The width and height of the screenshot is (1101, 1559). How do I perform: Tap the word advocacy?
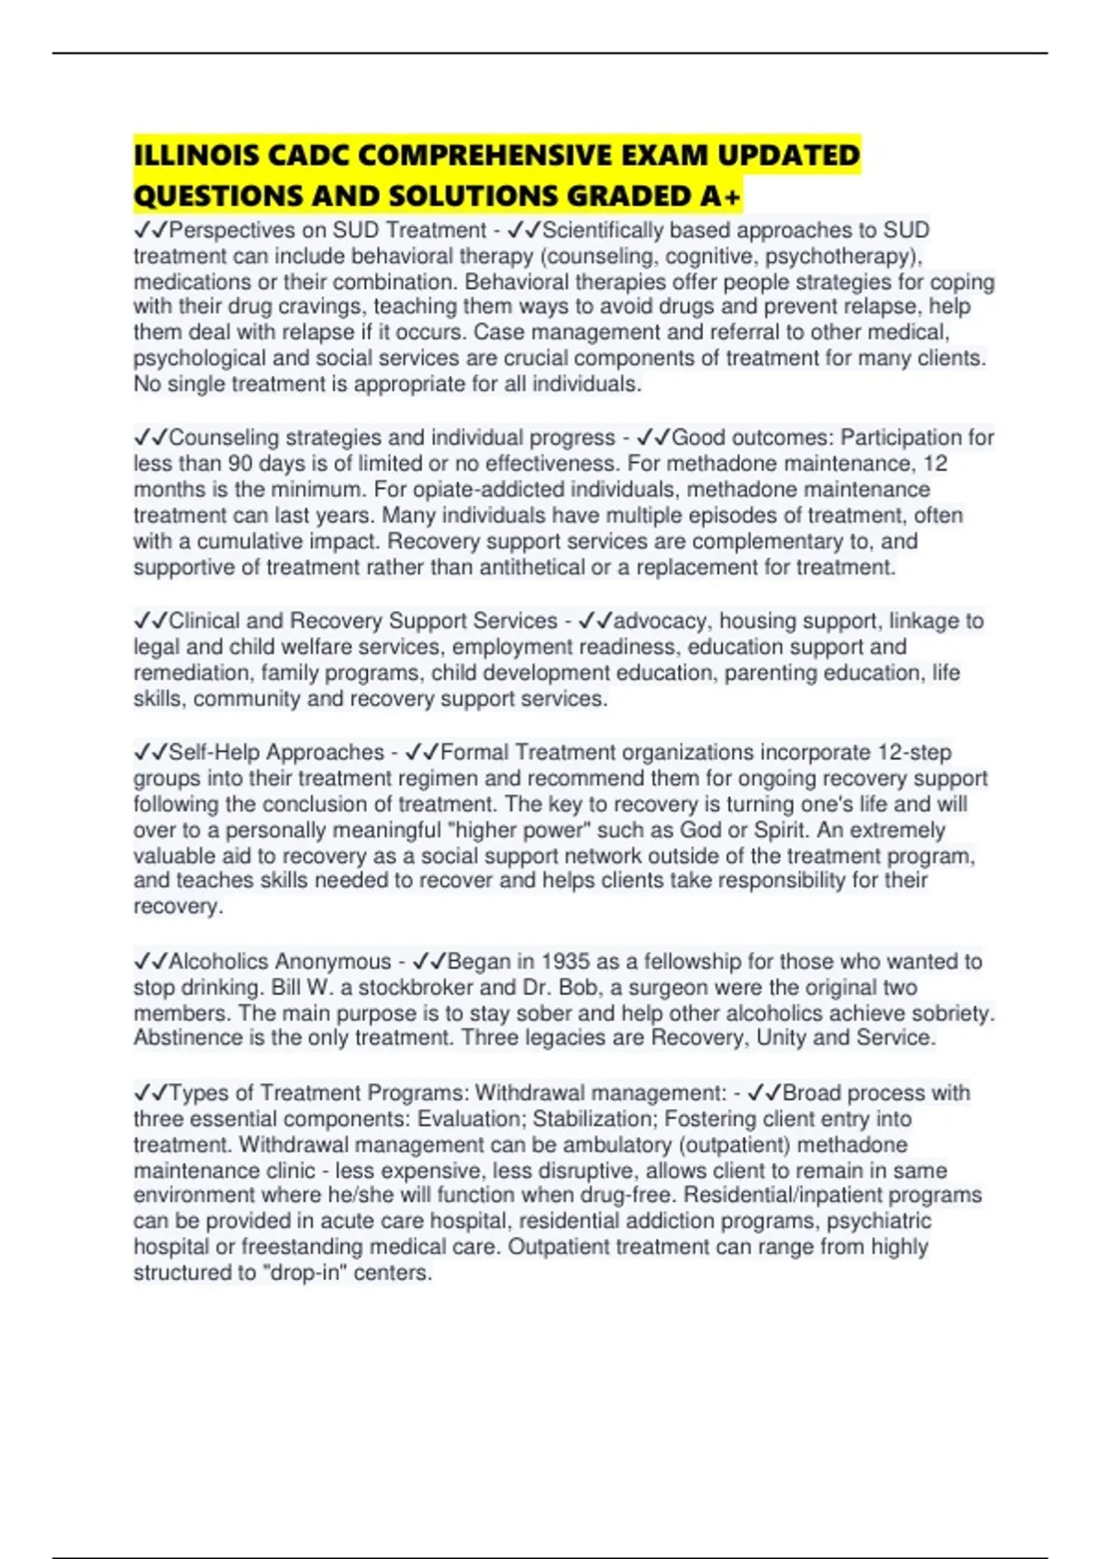(662, 621)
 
